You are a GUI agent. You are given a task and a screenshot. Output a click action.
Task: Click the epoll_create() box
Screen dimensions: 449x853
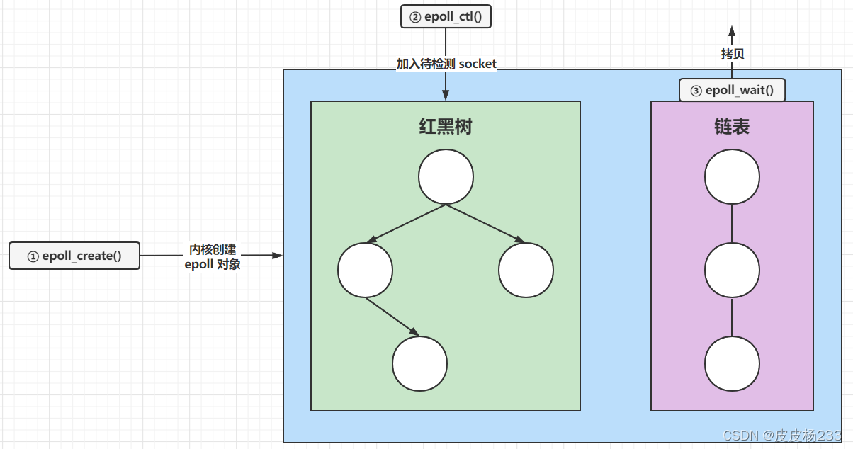click(74, 256)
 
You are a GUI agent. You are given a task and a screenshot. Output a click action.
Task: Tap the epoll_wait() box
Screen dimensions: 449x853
click(732, 90)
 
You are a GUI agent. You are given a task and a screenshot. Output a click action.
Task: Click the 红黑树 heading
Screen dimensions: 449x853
click(445, 127)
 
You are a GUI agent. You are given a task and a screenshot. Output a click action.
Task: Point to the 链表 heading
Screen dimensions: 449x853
click(732, 127)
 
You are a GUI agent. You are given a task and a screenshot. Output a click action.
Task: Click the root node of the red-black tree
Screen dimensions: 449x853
click(445, 177)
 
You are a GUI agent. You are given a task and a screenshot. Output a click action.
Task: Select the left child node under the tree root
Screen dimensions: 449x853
click(365, 270)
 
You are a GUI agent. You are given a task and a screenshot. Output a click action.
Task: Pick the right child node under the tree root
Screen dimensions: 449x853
click(526, 270)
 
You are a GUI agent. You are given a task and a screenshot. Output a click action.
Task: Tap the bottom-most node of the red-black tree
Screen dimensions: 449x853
click(419, 363)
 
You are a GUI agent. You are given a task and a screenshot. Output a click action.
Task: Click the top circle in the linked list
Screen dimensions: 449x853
click(732, 177)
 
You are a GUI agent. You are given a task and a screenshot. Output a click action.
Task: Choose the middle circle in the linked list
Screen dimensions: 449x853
click(732, 270)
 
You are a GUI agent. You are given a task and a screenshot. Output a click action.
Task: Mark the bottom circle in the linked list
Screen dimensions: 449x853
click(732, 363)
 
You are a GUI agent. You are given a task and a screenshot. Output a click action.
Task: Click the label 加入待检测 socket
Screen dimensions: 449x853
click(446, 64)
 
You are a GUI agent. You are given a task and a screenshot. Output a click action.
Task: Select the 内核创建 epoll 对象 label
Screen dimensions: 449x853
click(213, 258)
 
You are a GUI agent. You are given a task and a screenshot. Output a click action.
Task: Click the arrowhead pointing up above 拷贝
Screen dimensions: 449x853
click(732, 31)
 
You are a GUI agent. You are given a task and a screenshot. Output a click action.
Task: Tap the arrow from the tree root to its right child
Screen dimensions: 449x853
click(485, 224)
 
